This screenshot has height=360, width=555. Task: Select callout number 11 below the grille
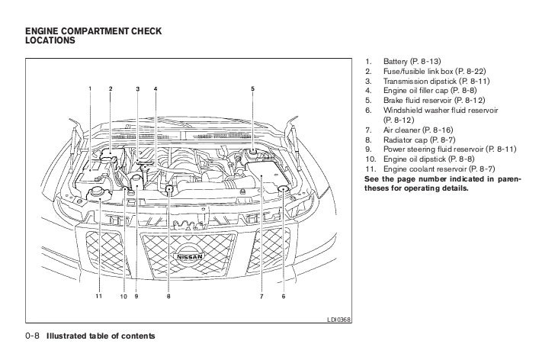point(98,296)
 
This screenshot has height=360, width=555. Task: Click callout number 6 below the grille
point(283,296)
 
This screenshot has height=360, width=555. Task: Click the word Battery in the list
point(396,61)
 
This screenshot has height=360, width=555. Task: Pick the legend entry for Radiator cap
point(420,140)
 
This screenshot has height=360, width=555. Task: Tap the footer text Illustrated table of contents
point(100,336)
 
